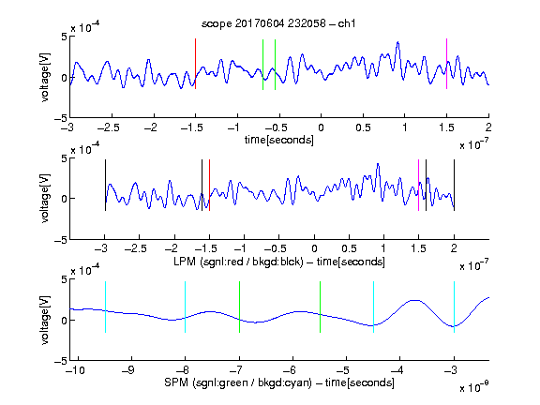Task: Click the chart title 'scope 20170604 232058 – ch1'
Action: (x=278, y=23)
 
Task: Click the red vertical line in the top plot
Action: (x=195, y=64)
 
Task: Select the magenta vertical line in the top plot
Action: (x=446, y=64)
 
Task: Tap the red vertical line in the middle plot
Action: (x=209, y=186)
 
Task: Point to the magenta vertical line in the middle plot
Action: (x=418, y=186)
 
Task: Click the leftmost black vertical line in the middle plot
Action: (x=105, y=186)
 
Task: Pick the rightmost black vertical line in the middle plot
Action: (x=454, y=186)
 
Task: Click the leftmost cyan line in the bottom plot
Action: (x=105, y=307)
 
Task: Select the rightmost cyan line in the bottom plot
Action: (x=454, y=307)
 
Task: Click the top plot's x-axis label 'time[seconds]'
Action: (x=279, y=140)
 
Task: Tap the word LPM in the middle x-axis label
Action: (x=185, y=262)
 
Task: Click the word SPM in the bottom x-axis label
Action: (x=176, y=382)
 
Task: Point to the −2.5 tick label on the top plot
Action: (x=109, y=127)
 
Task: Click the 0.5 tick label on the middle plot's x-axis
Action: (x=349, y=248)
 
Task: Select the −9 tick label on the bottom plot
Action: (x=127, y=370)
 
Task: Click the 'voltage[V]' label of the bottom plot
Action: (x=45, y=320)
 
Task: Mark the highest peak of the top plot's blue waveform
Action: (x=397, y=42)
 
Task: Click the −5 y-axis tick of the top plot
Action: (x=61, y=118)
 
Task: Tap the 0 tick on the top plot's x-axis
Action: (x=321, y=127)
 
